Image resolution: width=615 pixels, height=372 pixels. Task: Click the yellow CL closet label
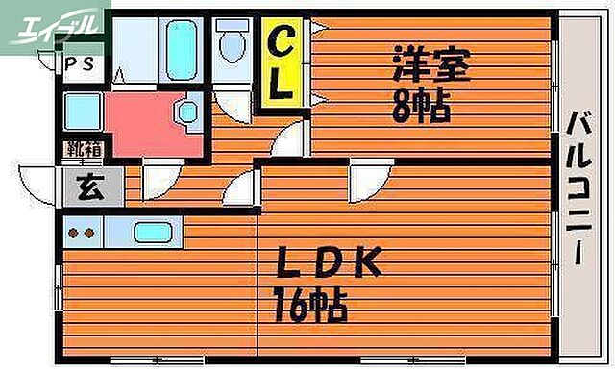[x=280, y=66]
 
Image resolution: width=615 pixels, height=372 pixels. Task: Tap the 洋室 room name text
[x=430, y=67]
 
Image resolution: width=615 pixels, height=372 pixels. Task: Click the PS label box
[x=81, y=64]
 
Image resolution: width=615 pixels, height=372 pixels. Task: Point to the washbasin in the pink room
[x=186, y=112]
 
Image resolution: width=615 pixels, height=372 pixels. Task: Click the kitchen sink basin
[x=153, y=233]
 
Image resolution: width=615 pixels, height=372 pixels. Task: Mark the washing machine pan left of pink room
[x=83, y=112]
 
